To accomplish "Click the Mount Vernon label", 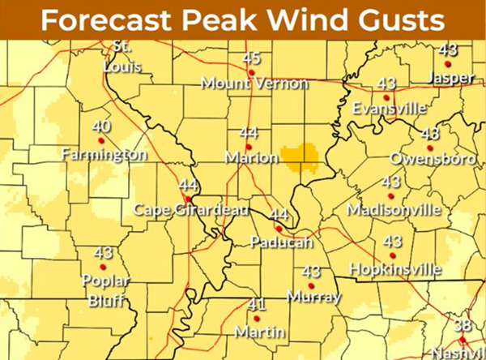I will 254,83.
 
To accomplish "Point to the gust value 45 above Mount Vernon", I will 252,58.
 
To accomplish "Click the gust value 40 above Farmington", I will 102,126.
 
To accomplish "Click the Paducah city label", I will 277,242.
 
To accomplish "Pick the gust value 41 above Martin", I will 257,305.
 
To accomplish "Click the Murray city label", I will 313,296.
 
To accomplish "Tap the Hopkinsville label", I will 394,268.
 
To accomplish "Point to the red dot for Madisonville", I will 390,195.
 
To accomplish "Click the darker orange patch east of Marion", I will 297,157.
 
